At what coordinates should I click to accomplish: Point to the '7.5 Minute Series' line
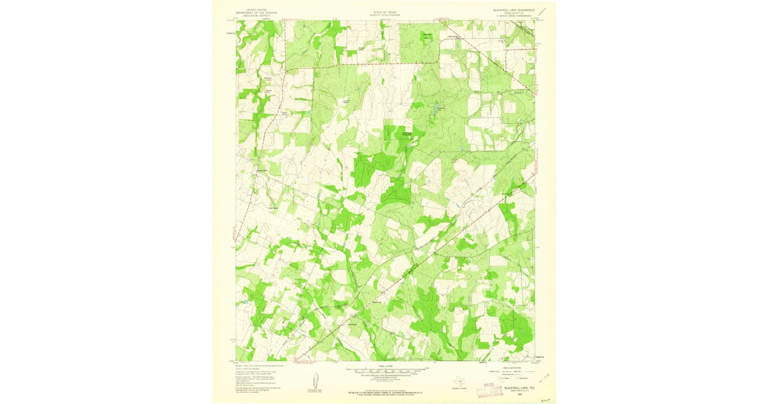pos(513,16)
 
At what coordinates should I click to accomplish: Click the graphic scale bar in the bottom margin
pos(384,370)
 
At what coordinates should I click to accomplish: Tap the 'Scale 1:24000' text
pos(384,366)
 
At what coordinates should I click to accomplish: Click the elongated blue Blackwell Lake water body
pos(437,109)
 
